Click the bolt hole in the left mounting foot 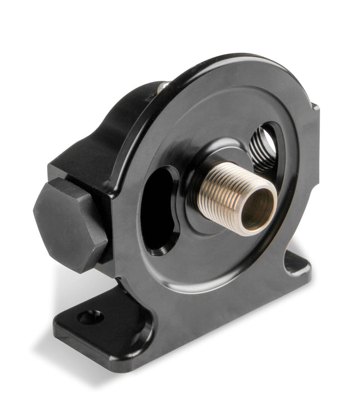tap(90, 317)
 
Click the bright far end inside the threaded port tap(269, 144)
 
